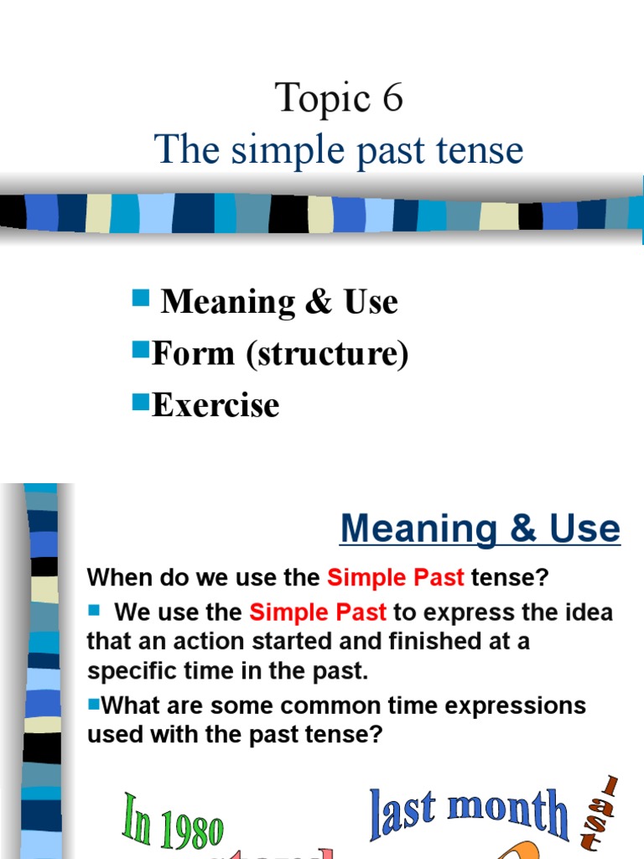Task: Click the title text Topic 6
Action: tap(339, 99)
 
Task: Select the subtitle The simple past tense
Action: tap(339, 150)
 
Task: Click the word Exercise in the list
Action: tap(216, 405)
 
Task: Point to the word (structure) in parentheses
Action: tap(327, 354)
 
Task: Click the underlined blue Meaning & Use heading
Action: tap(480, 528)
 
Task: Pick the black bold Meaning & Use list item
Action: tap(279, 302)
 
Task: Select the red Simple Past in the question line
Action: tap(396, 577)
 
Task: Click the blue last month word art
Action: tap(469, 811)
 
